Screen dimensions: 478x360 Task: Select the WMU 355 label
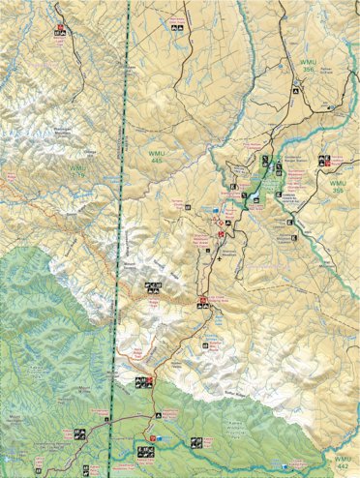(336, 188)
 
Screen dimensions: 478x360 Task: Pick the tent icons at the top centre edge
(176, 30)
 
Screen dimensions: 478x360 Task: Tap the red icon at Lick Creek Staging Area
(202, 301)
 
